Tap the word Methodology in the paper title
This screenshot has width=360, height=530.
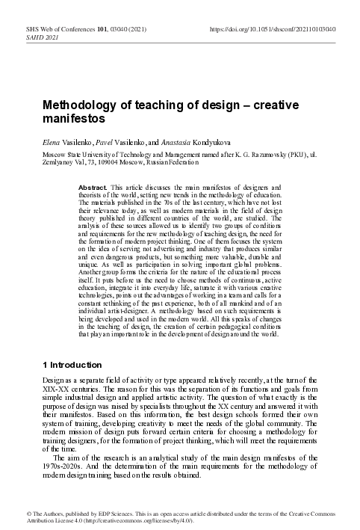coord(75,105)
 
